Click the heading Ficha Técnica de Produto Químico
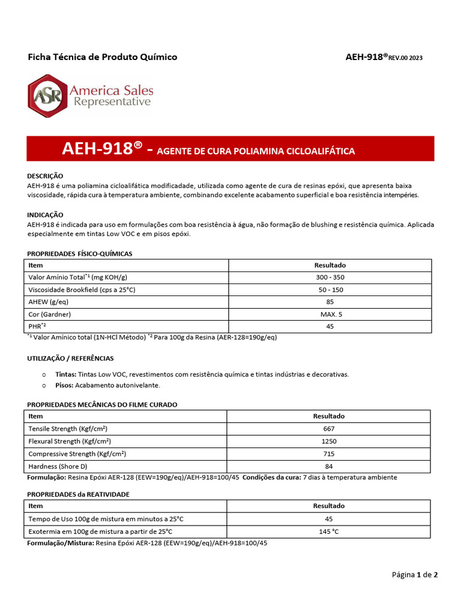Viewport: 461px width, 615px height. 103,57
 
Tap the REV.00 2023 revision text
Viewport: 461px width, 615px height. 405,58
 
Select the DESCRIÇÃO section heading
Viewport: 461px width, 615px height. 45,176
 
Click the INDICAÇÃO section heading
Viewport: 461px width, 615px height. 45,214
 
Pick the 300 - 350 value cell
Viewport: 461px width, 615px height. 330,277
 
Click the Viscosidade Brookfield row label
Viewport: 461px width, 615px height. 82,289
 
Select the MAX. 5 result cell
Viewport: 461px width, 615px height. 330,314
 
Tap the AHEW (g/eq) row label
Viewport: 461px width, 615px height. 49,302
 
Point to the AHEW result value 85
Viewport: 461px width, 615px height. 330,302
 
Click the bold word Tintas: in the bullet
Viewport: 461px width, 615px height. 65,374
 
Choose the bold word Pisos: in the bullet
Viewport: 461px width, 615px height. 64,385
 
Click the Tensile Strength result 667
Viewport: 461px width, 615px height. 328,429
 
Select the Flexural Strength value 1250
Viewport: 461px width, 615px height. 328,441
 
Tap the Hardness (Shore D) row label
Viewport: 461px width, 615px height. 58,466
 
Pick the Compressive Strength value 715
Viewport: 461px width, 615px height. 328,454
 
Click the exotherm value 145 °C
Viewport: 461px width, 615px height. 328,532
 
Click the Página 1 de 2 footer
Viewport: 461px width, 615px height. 415,575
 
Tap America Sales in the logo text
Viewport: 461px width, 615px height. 111,91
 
